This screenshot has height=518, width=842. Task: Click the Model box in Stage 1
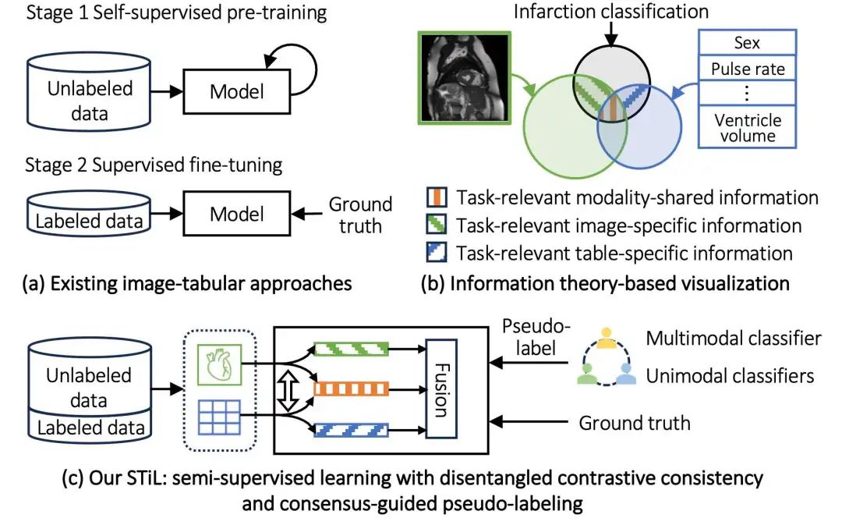click(x=237, y=90)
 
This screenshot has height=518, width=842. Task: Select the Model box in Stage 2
click(x=237, y=214)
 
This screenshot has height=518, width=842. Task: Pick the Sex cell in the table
click(x=747, y=42)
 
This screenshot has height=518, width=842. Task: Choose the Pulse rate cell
click(x=747, y=69)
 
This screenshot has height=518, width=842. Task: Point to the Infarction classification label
click(x=610, y=11)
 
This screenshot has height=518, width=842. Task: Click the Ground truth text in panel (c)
click(x=634, y=423)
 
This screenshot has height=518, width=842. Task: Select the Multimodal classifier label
click(x=733, y=338)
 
